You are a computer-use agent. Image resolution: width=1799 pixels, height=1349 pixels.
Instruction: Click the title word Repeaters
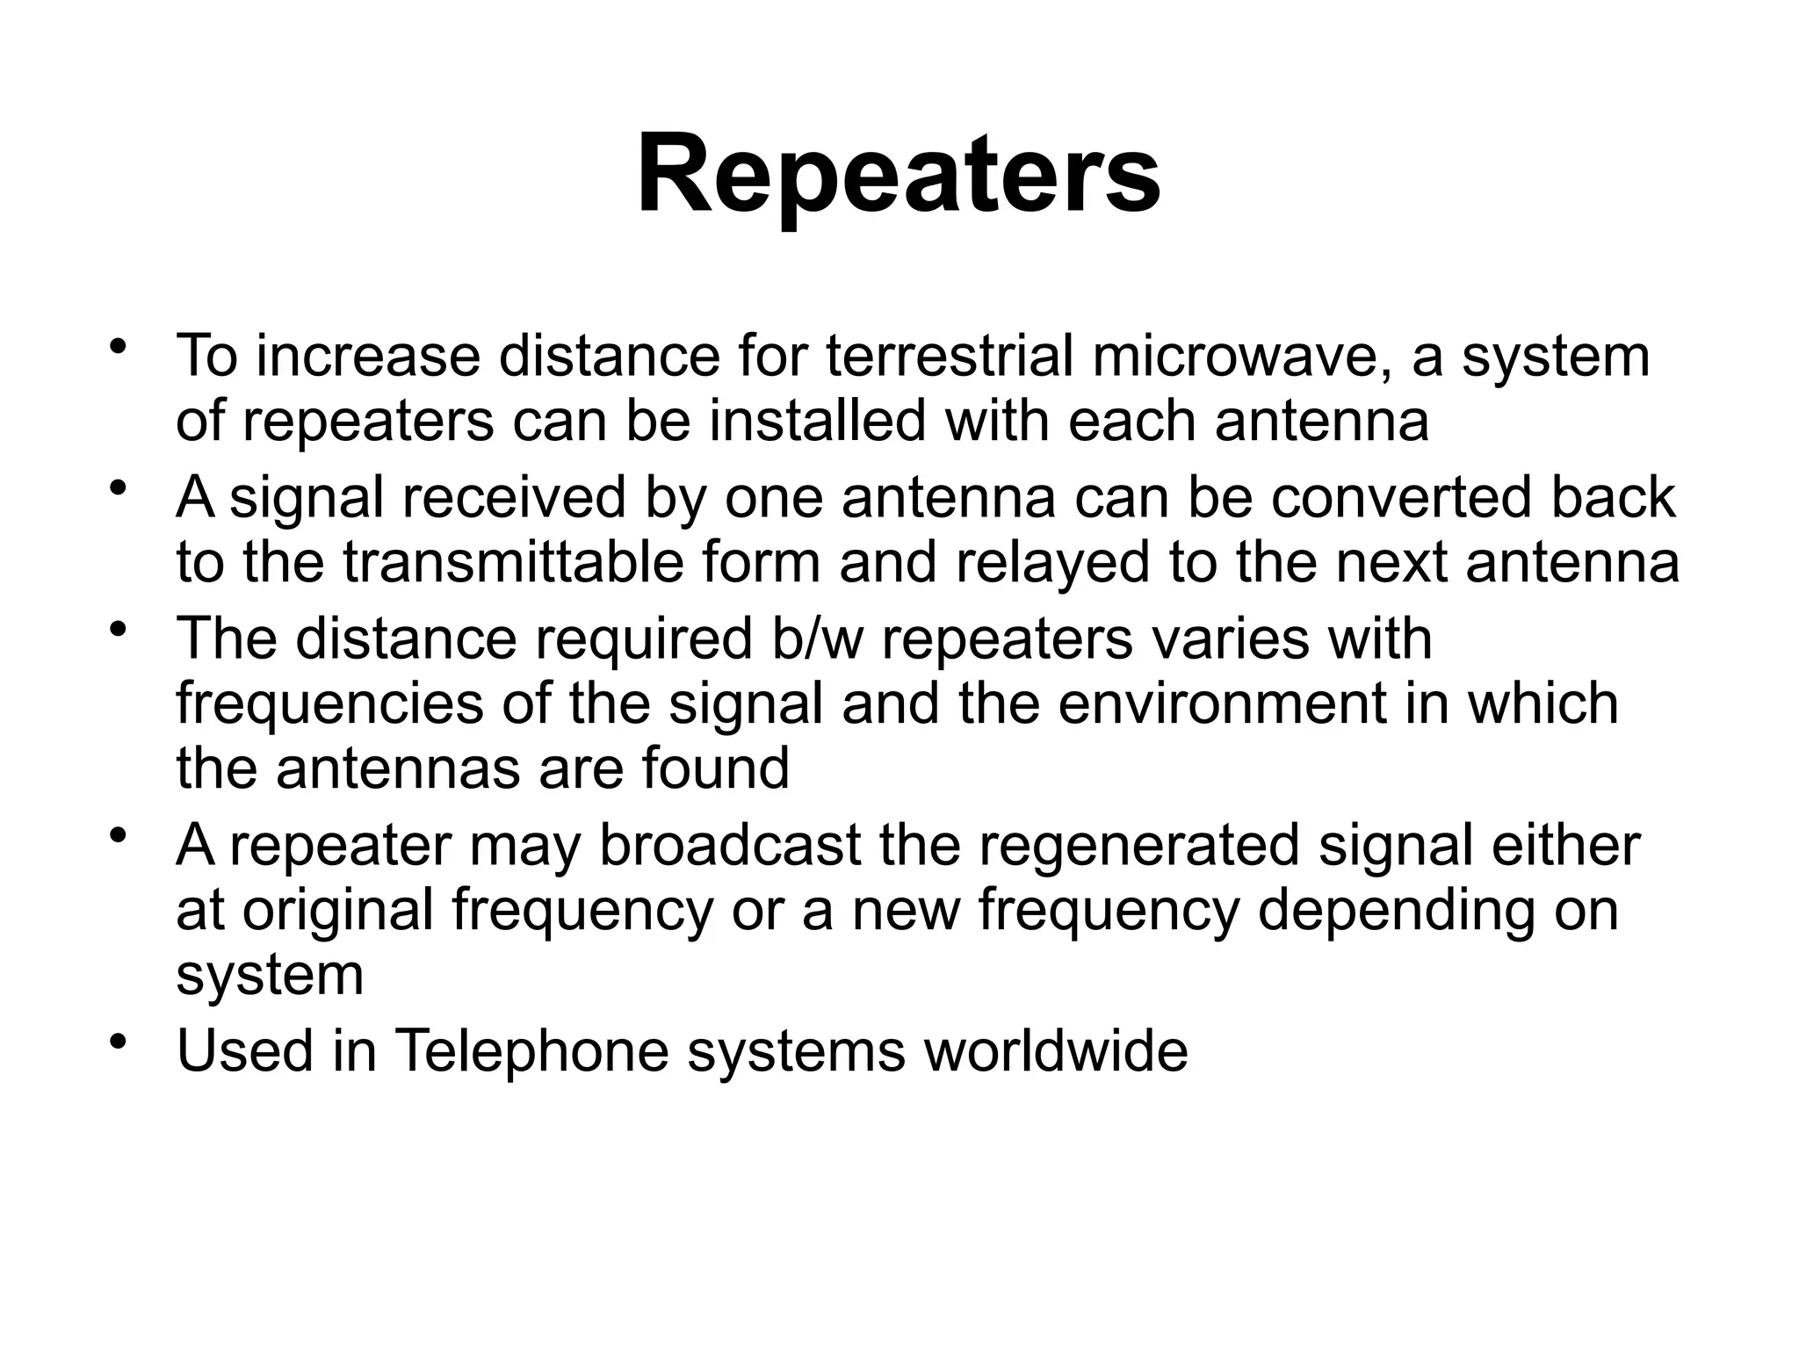[x=898, y=176]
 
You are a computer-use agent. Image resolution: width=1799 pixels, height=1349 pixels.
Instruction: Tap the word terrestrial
[x=950, y=357]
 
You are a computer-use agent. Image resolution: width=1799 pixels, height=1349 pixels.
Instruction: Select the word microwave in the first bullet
[x=1242, y=357]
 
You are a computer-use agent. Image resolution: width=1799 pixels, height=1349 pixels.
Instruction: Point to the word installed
[x=818, y=422]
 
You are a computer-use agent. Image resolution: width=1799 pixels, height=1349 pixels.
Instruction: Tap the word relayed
[x=1052, y=563]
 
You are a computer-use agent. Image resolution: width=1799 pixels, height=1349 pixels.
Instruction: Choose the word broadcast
[x=730, y=845]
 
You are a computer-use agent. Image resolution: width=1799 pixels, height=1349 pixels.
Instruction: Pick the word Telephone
[x=532, y=1050]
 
